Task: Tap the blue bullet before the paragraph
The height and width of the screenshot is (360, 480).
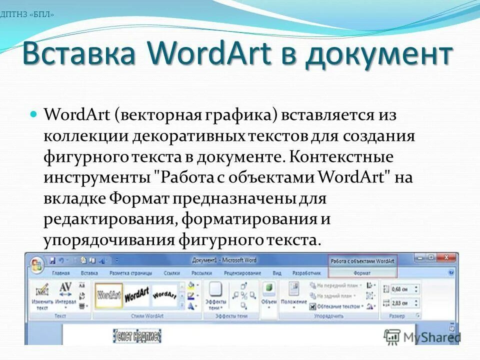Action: [34, 115]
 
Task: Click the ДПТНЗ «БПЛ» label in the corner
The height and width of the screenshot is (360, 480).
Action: [27, 14]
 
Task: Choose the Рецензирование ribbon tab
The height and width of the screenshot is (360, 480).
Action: [242, 273]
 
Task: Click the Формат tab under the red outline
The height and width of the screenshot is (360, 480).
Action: [362, 273]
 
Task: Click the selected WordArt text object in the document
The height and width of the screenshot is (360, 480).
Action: [137, 335]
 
